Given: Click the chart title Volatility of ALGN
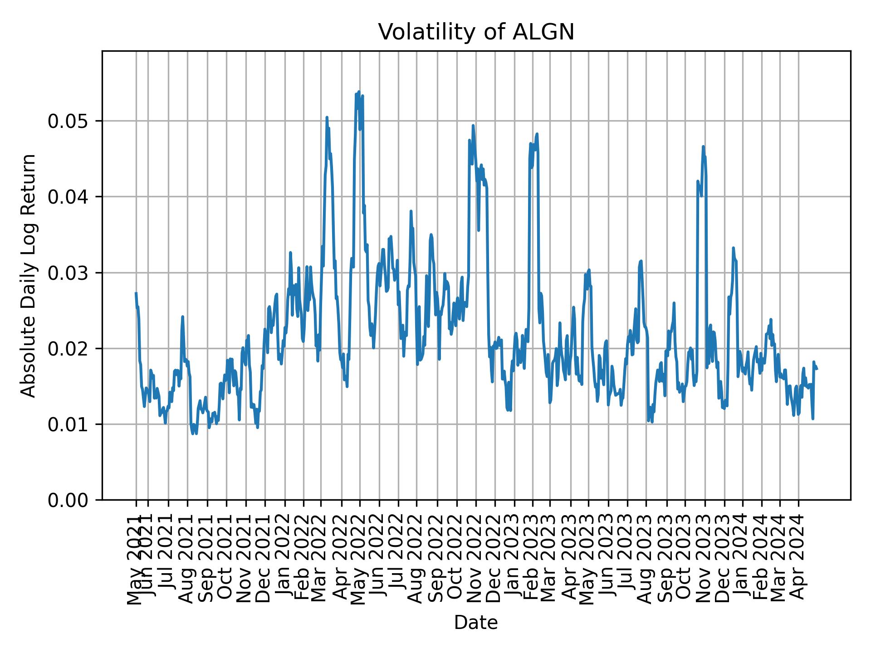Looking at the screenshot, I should (476, 32).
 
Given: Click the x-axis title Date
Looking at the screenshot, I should (476, 623).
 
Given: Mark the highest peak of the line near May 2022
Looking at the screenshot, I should (358, 92).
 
